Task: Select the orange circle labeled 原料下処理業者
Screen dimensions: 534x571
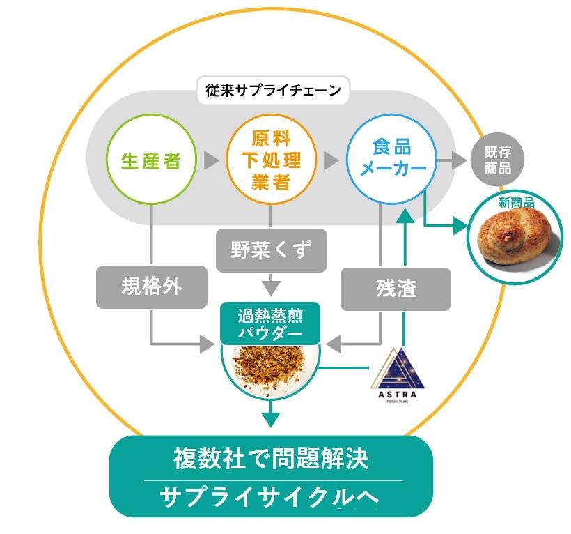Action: (x=271, y=161)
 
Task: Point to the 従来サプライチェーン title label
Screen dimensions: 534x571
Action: (x=273, y=90)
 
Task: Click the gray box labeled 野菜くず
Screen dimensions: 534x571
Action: (x=271, y=248)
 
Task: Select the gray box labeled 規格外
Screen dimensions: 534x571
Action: (x=152, y=287)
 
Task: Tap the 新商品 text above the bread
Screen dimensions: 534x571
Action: (x=516, y=202)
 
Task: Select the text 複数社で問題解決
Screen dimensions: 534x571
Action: (x=271, y=459)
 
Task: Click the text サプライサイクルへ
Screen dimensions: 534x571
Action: (x=271, y=496)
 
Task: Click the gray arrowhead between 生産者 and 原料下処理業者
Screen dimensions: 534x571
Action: (x=210, y=161)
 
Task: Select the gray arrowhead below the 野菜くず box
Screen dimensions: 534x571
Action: (x=271, y=287)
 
